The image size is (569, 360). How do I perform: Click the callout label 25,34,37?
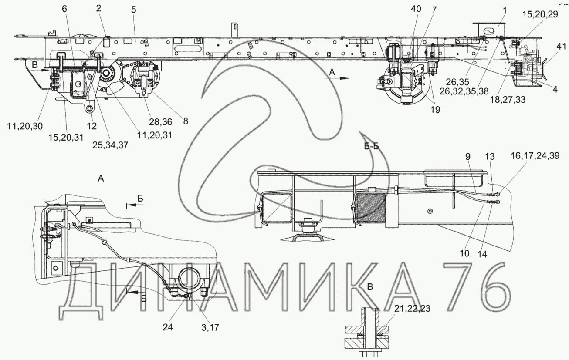(x=110, y=145)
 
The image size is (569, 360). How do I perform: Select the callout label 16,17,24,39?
(x=535, y=156)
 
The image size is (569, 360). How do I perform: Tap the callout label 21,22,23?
(x=412, y=309)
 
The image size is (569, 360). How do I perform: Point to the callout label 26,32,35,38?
(x=464, y=91)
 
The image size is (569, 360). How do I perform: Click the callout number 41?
(x=561, y=47)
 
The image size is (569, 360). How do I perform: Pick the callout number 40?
(x=416, y=9)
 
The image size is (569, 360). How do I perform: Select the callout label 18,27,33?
(x=508, y=100)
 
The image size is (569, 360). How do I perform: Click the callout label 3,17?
(x=210, y=328)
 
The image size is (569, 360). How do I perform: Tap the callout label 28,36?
(x=160, y=122)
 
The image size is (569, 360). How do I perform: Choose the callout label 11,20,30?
(x=25, y=126)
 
